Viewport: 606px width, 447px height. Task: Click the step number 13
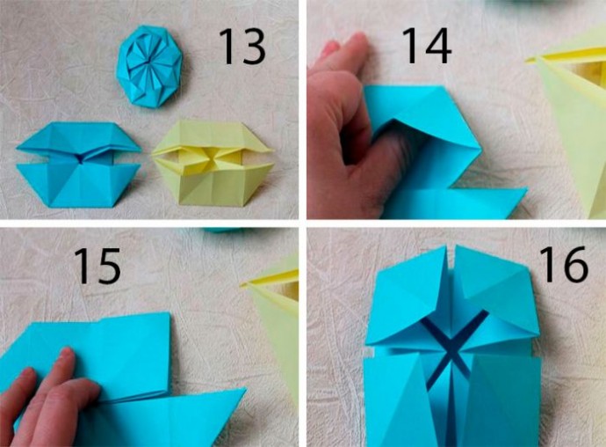pyautogui.click(x=242, y=47)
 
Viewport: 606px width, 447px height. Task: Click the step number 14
pyautogui.click(x=427, y=46)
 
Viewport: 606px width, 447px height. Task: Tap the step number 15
pyautogui.click(x=97, y=266)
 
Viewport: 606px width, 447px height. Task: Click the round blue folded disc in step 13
pyautogui.click(x=149, y=65)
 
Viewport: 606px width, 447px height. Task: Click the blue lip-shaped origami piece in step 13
pyautogui.click(x=79, y=165)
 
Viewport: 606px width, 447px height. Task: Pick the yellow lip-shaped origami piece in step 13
pyautogui.click(x=213, y=163)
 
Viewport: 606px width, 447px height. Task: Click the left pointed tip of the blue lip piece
pyautogui.click(x=18, y=149)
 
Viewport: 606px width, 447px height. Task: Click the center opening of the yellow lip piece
pyautogui.click(x=211, y=159)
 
